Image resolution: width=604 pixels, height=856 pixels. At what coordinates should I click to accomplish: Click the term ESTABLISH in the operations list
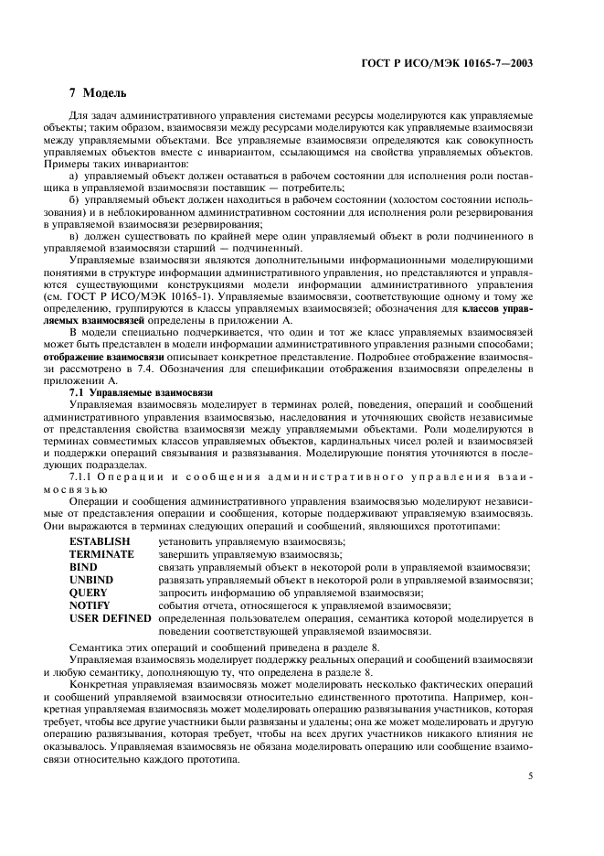100,541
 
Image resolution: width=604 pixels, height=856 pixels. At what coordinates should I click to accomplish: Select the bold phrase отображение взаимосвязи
126,356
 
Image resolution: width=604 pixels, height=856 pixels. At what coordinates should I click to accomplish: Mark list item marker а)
89,176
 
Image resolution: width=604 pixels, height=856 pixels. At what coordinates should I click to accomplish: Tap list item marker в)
89,236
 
